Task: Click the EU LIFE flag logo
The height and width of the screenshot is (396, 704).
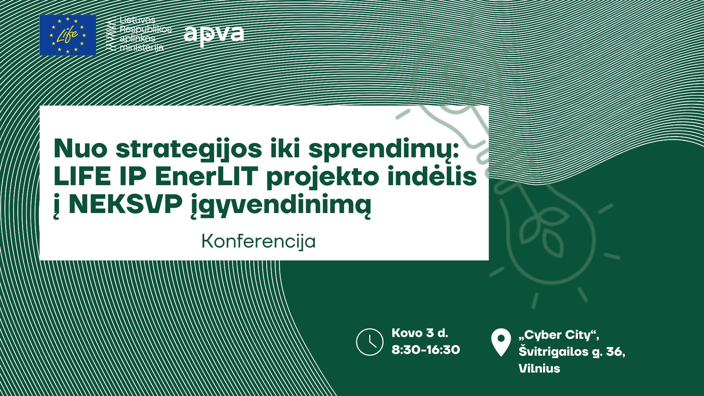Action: pos(68,35)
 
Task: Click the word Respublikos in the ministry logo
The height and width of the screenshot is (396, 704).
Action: pos(146,29)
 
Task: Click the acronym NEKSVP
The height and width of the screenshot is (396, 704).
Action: pos(125,204)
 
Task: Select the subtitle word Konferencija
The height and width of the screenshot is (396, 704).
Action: pos(258,242)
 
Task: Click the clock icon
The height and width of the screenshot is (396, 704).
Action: pos(370,342)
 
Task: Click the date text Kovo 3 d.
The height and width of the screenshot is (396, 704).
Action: pos(420,333)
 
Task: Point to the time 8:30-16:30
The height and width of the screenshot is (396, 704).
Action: pos(426,350)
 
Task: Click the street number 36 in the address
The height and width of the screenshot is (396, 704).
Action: pos(614,352)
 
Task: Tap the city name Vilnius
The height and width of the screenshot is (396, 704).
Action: pos(539,368)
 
